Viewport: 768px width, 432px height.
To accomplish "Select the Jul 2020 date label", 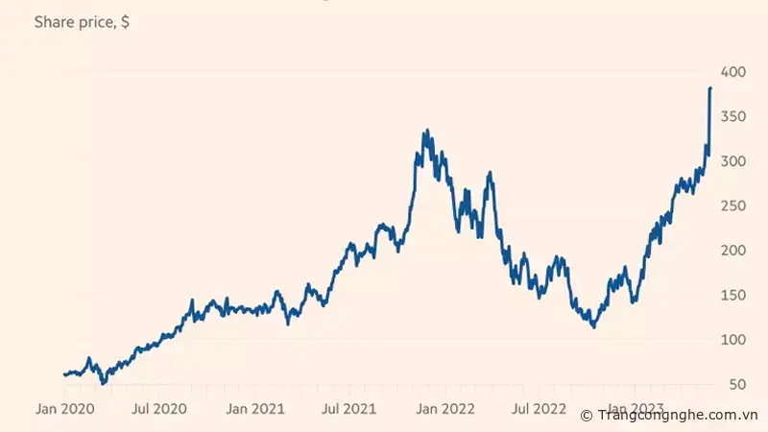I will point(160,409).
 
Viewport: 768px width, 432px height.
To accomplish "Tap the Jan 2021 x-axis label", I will point(254,409).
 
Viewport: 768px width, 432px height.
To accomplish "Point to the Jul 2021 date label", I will point(348,409).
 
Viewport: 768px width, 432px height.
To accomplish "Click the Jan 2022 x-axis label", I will point(443,409).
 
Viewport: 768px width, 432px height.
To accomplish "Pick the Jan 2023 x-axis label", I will point(631,409).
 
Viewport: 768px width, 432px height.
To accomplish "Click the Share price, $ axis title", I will point(83,22).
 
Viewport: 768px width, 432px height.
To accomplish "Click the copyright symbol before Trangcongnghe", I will point(587,416).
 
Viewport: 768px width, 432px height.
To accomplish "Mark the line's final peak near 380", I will point(709,88).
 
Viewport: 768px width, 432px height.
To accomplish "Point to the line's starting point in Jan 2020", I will point(64,374).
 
